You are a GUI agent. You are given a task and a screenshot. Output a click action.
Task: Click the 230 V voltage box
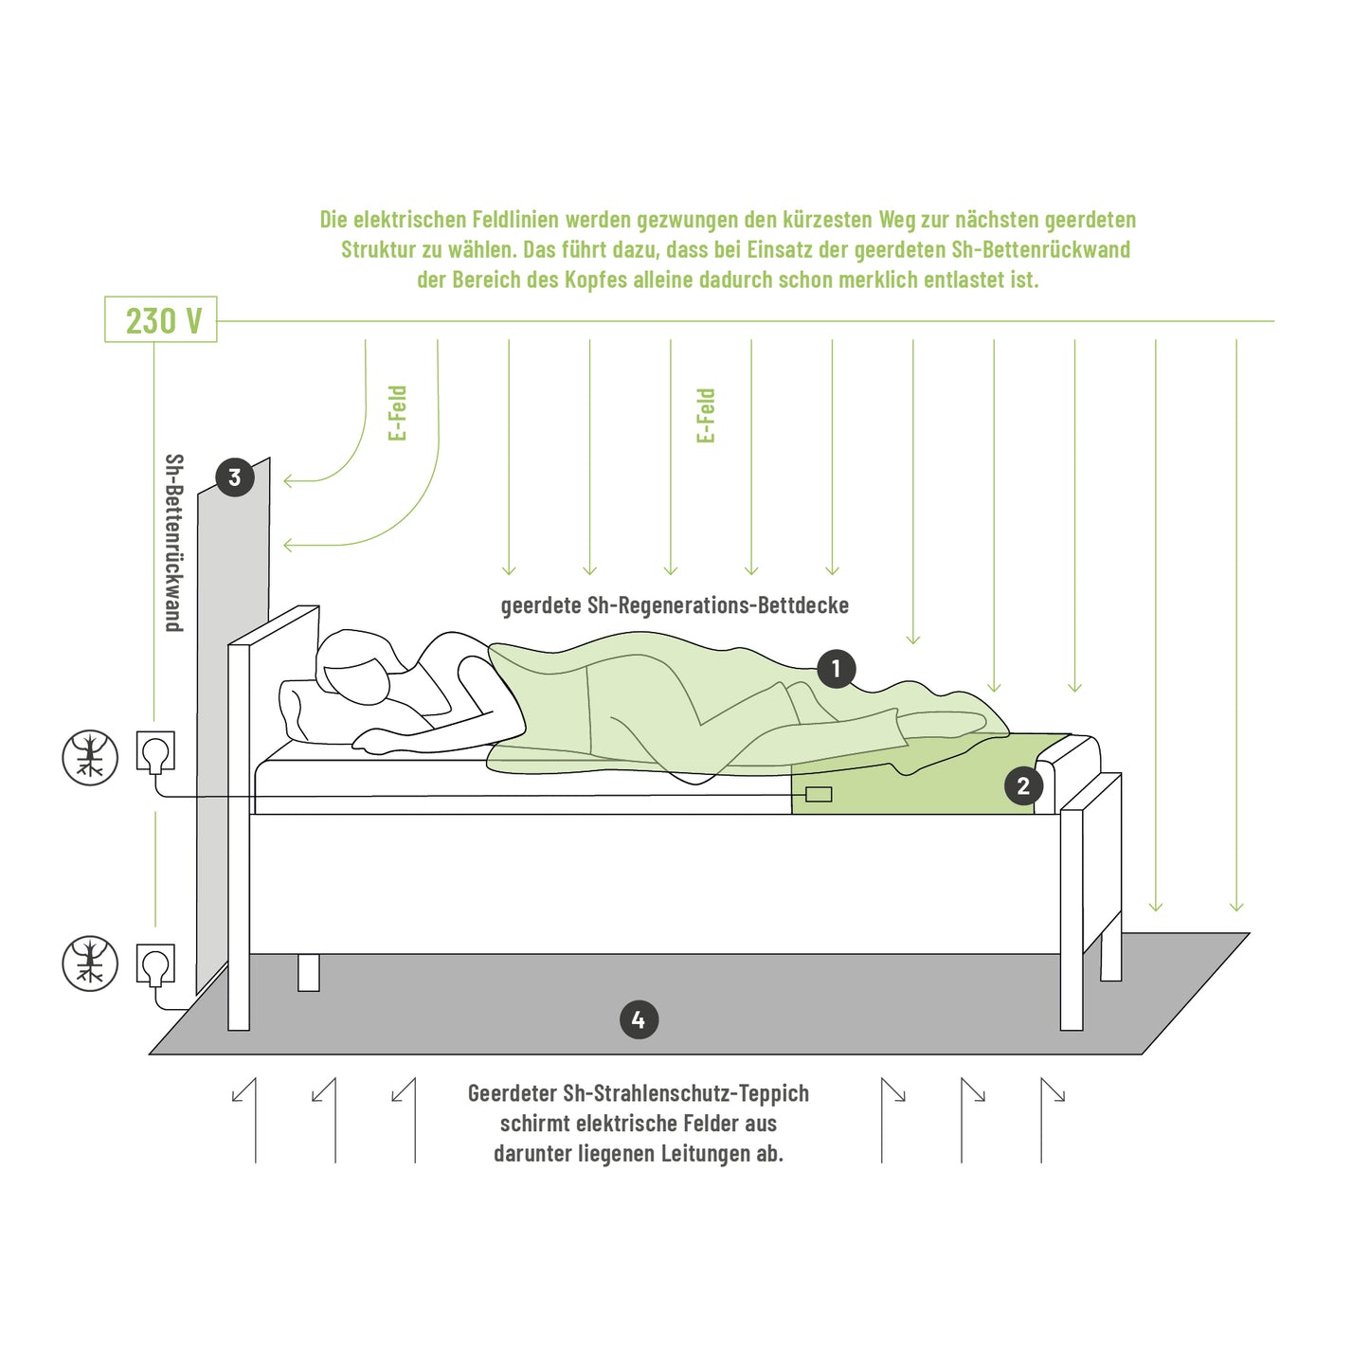160,319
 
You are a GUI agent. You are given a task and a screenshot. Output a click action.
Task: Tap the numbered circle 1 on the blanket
836,669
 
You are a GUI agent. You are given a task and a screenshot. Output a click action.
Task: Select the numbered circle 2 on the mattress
1023,785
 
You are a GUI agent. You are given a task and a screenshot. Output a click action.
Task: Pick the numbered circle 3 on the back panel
234,477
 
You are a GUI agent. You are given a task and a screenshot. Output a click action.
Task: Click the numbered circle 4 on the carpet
639,1020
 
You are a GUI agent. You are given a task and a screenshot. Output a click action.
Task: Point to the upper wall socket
155,751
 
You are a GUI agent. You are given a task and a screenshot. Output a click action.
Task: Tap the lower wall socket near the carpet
155,964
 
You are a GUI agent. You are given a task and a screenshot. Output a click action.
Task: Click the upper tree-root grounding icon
89,757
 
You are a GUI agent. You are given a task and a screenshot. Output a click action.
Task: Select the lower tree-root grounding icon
89,964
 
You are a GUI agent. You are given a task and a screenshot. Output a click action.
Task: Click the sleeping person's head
356,665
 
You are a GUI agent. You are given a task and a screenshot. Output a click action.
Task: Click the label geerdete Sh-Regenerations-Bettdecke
675,605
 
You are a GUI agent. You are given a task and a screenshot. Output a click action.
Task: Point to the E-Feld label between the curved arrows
398,413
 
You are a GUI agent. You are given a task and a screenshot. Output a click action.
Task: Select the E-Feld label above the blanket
706,416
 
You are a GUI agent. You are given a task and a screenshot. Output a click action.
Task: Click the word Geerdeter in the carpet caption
510,1093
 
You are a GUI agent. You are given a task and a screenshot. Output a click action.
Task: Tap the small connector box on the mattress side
819,794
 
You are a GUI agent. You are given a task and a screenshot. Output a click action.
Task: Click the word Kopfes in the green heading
593,279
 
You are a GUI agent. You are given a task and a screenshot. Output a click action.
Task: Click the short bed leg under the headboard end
308,973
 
